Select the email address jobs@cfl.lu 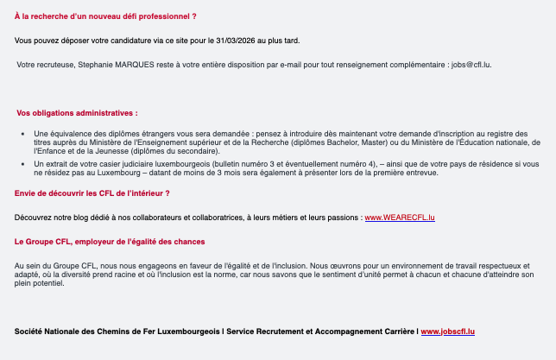[470, 65]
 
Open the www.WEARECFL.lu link [400, 217]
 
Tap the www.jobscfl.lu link [448, 332]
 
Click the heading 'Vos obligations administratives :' [77, 113]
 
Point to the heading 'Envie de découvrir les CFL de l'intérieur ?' [92, 193]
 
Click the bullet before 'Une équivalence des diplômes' [22, 134]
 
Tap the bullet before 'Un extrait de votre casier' [22, 163]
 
